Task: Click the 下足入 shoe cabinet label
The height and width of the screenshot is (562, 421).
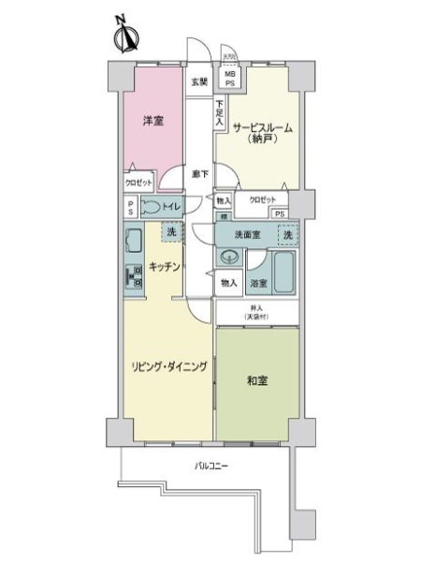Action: click(219, 112)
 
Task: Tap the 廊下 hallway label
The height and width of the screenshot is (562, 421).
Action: click(200, 173)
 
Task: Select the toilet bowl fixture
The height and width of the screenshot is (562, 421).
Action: click(151, 208)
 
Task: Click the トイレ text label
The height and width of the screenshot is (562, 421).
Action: click(172, 207)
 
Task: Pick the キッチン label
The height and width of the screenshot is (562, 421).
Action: click(164, 267)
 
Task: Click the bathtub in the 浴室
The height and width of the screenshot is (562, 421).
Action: click(284, 271)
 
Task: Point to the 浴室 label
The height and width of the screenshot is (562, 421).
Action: click(258, 282)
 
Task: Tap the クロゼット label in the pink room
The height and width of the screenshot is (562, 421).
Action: click(138, 185)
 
